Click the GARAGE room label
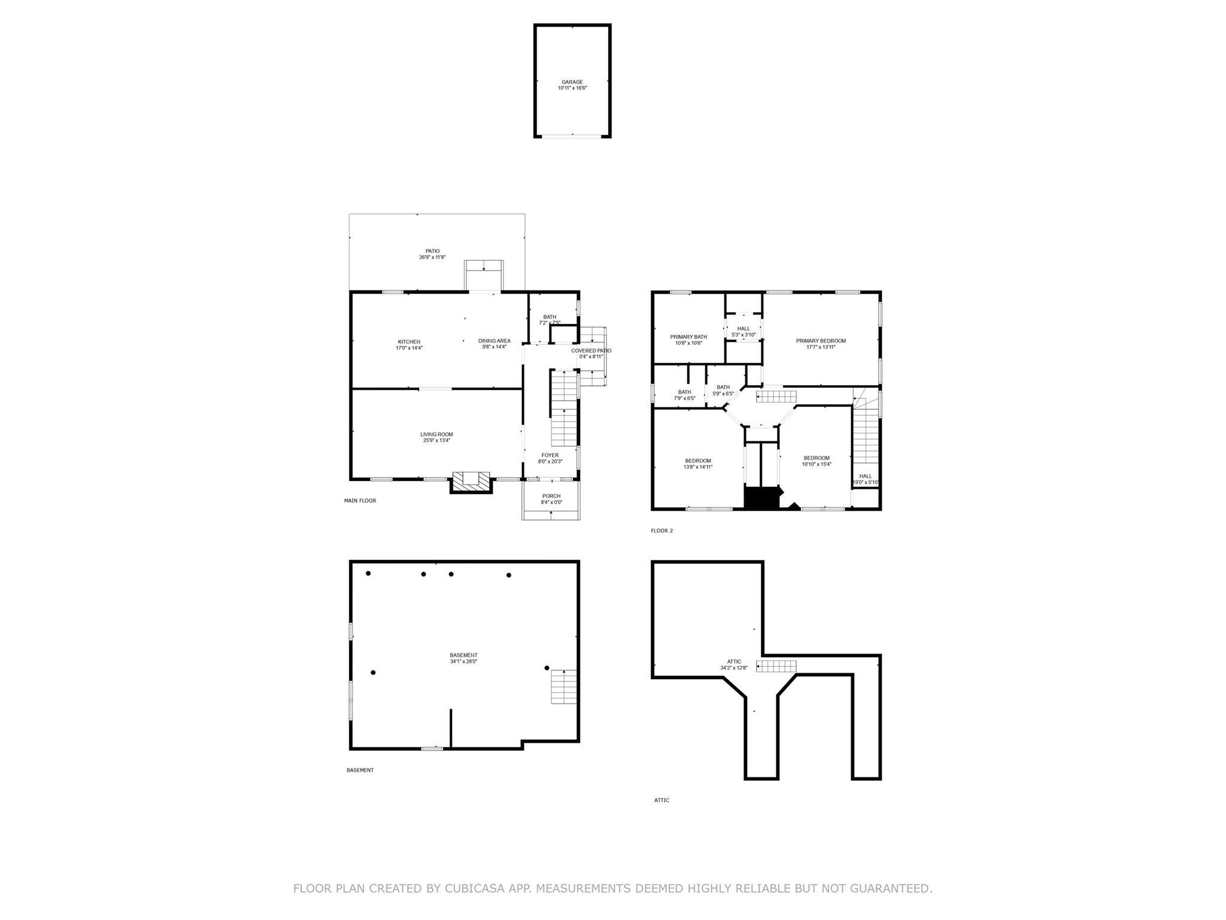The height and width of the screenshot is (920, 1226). (572, 82)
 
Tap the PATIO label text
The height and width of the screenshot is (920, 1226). (432, 251)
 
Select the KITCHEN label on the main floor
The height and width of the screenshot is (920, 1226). (409, 342)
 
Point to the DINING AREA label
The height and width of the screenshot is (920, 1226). (494, 341)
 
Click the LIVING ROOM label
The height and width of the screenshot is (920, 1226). (436, 434)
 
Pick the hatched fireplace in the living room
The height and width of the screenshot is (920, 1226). (471, 482)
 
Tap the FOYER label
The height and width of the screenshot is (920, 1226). (550, 455)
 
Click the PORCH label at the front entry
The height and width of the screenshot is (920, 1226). (551, 496)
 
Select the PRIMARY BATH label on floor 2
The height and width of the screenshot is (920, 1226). (688, 337)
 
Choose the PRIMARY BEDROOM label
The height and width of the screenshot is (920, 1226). (821, 341)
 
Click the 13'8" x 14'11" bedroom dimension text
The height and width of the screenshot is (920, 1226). (699, 467)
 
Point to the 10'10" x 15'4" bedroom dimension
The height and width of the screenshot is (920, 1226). (817, 464)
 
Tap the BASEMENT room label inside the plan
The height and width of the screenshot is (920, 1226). (464, 655)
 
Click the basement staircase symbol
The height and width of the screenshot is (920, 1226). (564, 687)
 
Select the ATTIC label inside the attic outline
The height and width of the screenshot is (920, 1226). (734, 662)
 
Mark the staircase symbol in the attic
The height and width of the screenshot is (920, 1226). (776, 666)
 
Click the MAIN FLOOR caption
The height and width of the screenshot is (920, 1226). (360, 501)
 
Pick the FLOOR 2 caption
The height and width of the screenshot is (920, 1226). (662, 531)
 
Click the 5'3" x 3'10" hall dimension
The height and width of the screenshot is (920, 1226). (744, 335)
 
